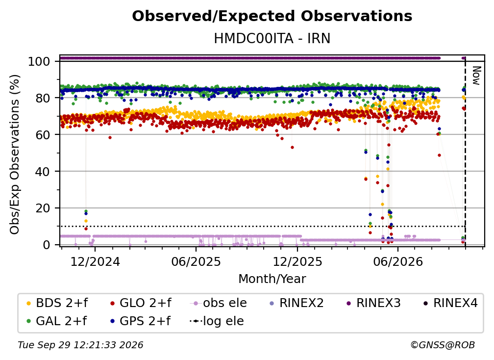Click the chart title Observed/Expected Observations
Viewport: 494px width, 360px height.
tap(272, 16)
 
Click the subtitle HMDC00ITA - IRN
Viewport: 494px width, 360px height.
tap(272, 38)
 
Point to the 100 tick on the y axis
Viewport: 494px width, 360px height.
tap(39, 61)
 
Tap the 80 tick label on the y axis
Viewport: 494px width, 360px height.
tap(43, 98)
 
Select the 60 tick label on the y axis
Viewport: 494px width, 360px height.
tap(43, 134)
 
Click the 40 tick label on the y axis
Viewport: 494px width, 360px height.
tap(43, 172)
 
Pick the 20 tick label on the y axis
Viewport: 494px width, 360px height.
tap(43, 208)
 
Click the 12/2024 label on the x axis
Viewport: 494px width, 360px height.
tap(95, 261)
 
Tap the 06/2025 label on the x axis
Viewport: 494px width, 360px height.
tap(196, 261)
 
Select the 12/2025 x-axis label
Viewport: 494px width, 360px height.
tap(297, 261)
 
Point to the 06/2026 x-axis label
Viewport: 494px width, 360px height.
tap(398, 261)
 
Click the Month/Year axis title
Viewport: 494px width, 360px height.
tap(272, 279)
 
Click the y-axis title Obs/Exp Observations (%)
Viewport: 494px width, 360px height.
tap(15, 154)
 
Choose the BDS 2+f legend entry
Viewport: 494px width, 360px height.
tap(57, 303)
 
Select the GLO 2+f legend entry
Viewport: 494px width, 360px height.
tap(141, 303)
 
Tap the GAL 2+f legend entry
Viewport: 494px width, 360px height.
tap(57, 321)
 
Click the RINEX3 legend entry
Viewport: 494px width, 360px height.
tap(373, 303)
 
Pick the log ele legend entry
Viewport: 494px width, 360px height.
tap(217, 321)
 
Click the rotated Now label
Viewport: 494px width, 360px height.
tap(476, 76)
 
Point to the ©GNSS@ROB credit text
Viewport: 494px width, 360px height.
tap(443, 345)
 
